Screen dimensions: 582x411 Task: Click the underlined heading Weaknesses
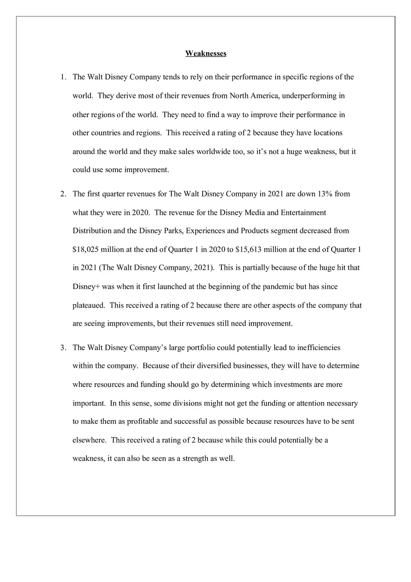pos(205,54)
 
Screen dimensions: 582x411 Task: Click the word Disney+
pos(84,287)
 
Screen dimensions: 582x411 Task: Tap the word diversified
pos(200,366)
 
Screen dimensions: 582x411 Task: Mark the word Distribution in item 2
pos(92,231)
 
